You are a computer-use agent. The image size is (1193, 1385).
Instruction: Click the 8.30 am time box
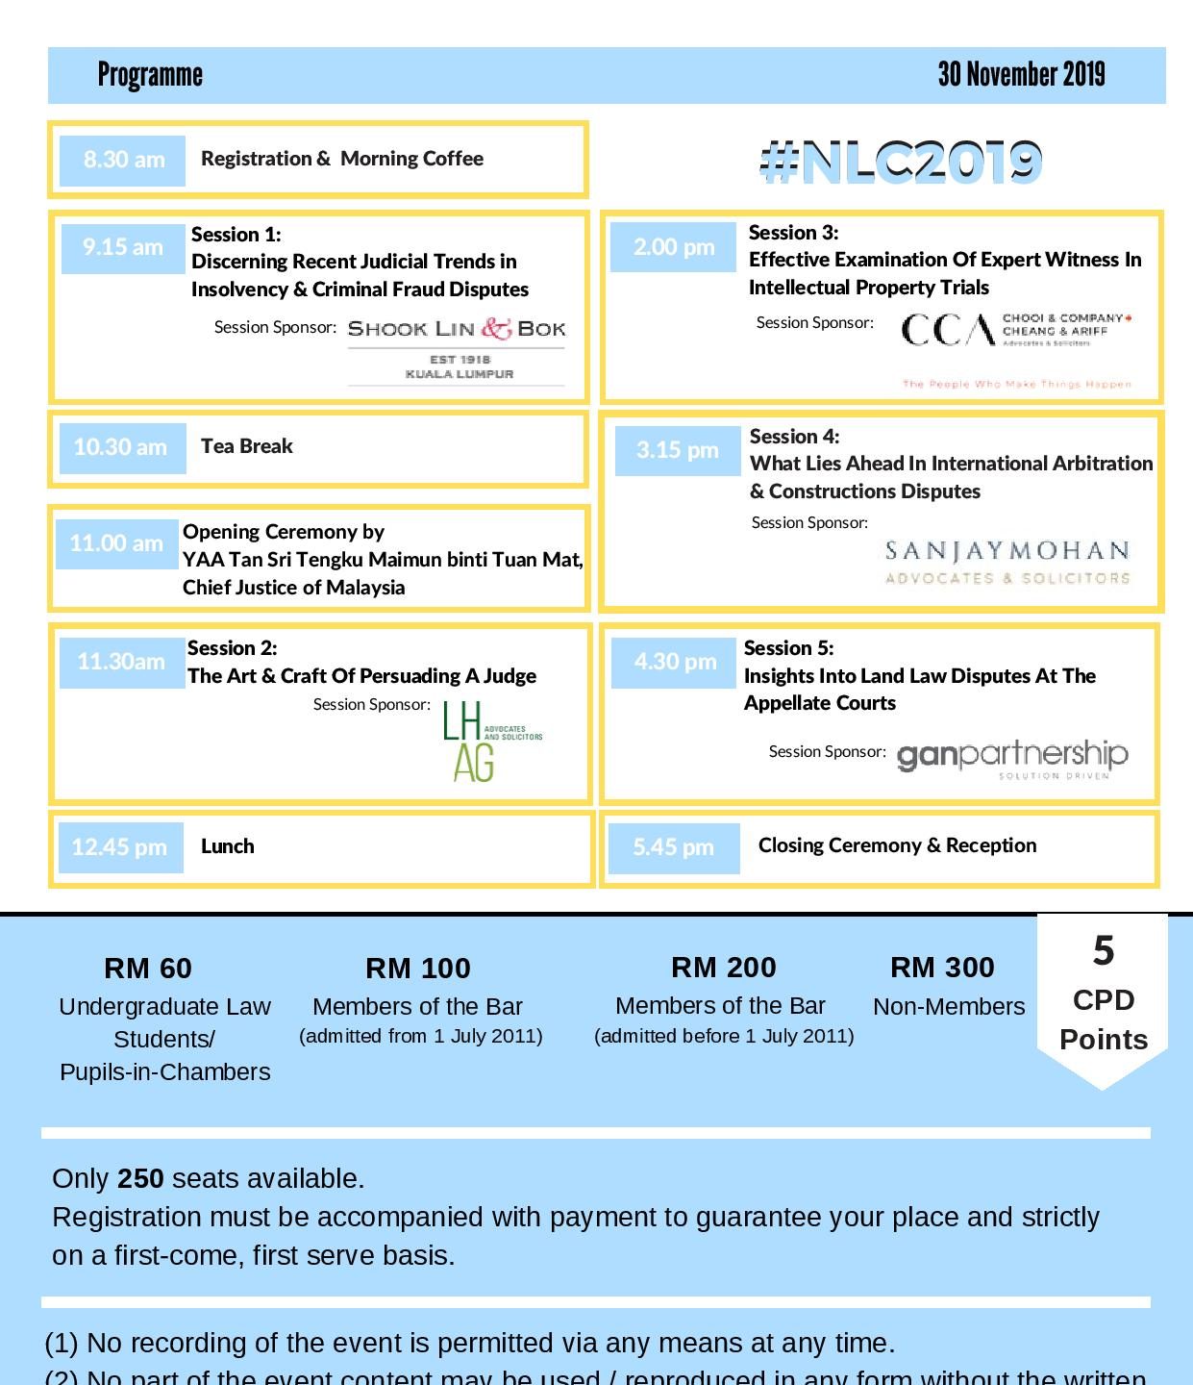point(122,160)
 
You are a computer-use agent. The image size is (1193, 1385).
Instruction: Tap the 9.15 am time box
point(123,248)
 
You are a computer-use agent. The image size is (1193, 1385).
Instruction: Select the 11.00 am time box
point(116,543)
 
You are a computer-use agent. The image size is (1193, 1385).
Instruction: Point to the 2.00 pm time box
point(673,247)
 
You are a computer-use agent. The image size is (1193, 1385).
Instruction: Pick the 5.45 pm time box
point(674,847)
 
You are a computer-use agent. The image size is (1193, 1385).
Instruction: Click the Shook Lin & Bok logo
point(457,348)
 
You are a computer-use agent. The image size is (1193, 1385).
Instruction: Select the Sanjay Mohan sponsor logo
point(1007,563)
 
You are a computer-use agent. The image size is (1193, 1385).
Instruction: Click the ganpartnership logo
point(1012,759)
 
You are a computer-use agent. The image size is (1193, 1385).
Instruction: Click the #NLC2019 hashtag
point(901,162)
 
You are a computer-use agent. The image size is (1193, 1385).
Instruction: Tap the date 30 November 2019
point(1021,74)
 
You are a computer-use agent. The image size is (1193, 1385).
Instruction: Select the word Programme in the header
point(150,75)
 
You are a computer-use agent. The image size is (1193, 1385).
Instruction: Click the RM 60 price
point(148,968)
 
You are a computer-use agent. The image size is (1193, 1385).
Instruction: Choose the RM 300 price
point(942,967)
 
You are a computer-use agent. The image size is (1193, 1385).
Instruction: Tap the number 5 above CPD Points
point(1103,951)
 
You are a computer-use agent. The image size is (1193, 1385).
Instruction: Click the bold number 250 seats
point(140,1178)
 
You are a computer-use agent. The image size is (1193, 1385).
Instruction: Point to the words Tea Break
point(247,446)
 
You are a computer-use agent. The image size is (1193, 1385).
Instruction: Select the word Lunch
point(228,846)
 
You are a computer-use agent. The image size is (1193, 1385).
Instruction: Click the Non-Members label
point(949,1007)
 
